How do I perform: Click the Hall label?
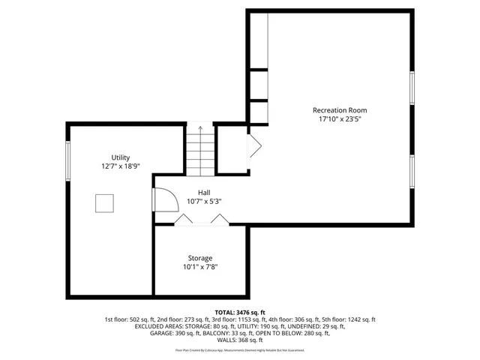point(204,192)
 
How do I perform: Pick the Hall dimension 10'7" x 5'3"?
point(204,201)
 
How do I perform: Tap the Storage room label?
point(200,257)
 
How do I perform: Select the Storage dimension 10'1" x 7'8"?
point(200,266)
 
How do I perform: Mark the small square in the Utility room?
point(103,203)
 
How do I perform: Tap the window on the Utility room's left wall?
point(68,160)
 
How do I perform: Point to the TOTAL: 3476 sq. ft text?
point(240,311)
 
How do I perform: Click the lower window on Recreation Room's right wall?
point(412,172)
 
